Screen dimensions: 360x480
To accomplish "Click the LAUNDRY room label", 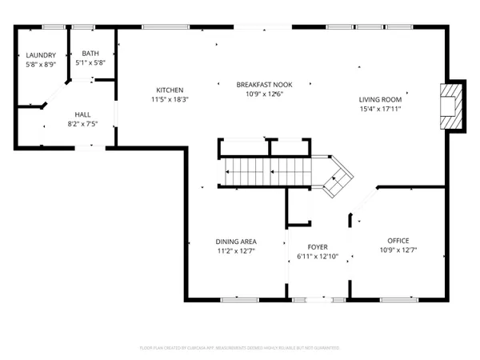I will coord(41,55).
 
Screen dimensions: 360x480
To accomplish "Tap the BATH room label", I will coord(90,54).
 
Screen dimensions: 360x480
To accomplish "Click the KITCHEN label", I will coord(170,90).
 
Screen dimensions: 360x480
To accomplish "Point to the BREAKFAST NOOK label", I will coord(264,84).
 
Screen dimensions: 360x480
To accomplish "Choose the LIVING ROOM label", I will coord(380,99).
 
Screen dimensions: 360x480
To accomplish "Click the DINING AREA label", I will coord(236,241).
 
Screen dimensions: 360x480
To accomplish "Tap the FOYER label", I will coord(318,247).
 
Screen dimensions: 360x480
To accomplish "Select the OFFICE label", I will coord(398,241).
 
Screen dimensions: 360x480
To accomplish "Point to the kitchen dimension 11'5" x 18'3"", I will coord(170,99).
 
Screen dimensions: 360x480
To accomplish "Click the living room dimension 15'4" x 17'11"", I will coord(380,109).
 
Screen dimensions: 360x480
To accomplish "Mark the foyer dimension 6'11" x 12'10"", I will coord(318,257).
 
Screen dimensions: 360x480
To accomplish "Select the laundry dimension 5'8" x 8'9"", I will coord(41,64).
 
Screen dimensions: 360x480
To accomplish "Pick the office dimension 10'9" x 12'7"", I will coord(398,250).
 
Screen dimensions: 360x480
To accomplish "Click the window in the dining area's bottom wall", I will coord(239,300).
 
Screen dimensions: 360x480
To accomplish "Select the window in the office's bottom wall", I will coord(398,300).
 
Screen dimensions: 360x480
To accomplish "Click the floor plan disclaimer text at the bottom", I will coord(240,348).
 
